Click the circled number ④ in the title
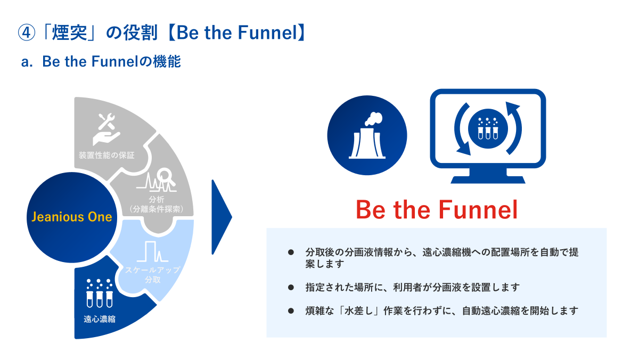pyautogui.click(x=27, y=32)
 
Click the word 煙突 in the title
pyautogui.click(x=69, y=32)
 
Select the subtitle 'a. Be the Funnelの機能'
pyautogui.click(x=101, y=61)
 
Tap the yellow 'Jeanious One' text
pyautogui.click(x=71, y=217)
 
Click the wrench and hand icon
pyautogui.click(x=106, y=129)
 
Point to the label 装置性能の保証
pyautogui.click(x=106, y=155)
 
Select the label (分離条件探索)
pyautogui.click(x=157, y=209)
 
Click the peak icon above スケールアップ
pyautogui.click(x=152, y=251)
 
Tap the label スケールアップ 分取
pyautogui.click(x=153, y=275)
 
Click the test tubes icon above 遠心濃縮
pyautogui.click(x=99, y=293)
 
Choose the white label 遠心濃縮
pyautogui.click(x=100, y=319)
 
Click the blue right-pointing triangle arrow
pyautogui.click(x=222, y=217)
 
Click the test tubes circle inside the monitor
pyautogui.click(x=488, y=129)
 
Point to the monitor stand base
pyautogui.click(x=488, y=179)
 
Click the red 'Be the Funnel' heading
pyautogui.click(x=437, y=210)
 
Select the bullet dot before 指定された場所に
pyautogui.click(x=291, y=287)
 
